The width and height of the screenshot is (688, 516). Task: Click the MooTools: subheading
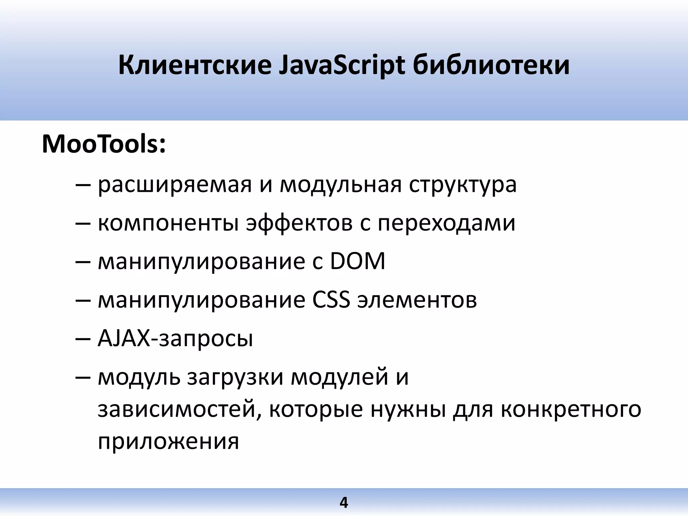(104, 144)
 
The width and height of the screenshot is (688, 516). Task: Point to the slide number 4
(344, 503)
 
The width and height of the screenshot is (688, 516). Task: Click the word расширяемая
(175, 185)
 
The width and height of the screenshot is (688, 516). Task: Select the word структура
(463, 185)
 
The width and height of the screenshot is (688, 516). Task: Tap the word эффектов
(299, 223)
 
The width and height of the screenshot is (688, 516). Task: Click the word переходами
(446, 223)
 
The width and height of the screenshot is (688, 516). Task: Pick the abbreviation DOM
(357, 261)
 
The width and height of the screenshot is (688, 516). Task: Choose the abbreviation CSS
(331, 299)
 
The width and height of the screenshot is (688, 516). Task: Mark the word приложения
(168, 441)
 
